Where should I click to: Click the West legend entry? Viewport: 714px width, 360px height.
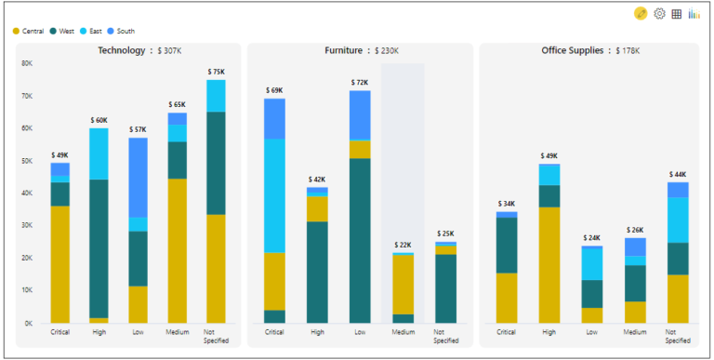(x=66, y=31)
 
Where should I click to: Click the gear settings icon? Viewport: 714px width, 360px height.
(x=660, y=14)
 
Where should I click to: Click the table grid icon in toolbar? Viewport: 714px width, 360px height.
(x=677, y=14)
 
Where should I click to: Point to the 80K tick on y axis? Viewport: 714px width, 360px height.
(x=26, y=63)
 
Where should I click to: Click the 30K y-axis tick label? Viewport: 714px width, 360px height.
(x=26, y=225)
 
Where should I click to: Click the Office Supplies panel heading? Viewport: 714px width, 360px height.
(x=575, y=50)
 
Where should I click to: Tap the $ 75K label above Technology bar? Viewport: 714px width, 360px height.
(x=216, y=72)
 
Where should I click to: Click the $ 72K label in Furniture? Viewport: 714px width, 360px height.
(x=360, y=83)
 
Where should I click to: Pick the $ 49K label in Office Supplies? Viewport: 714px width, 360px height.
(x=549, y=156)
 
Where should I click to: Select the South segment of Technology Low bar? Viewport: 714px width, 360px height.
(x=138, y=177)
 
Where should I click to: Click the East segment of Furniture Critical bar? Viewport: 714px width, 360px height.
(x=274, y=195)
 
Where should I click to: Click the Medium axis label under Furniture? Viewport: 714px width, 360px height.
(x=403, y=332)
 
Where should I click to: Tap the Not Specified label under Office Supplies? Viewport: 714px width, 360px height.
(x=677, y=336)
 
